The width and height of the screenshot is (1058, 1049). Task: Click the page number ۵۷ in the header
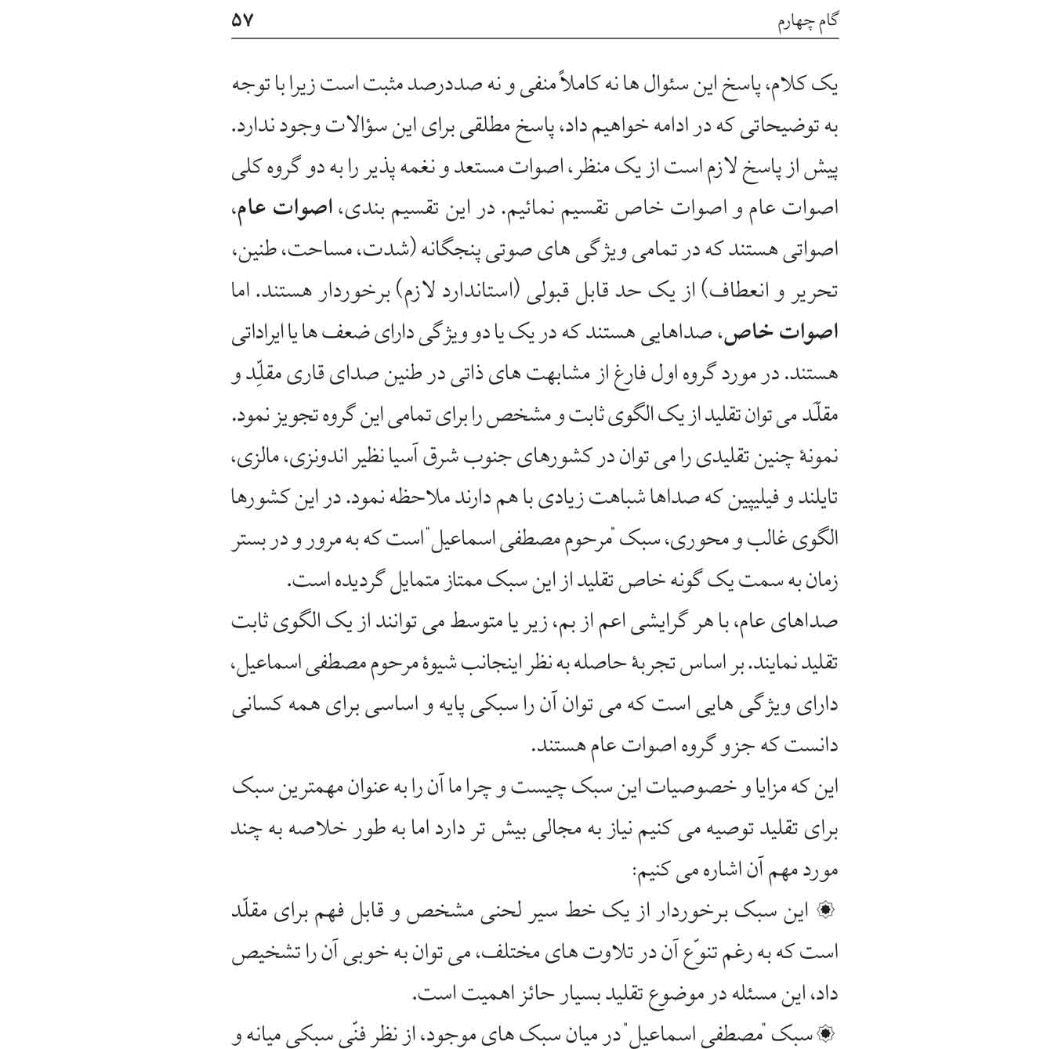pyautogui.click(x=243, y=20)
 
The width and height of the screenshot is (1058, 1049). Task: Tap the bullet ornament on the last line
pyautogui.click(x=826, y=1036)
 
